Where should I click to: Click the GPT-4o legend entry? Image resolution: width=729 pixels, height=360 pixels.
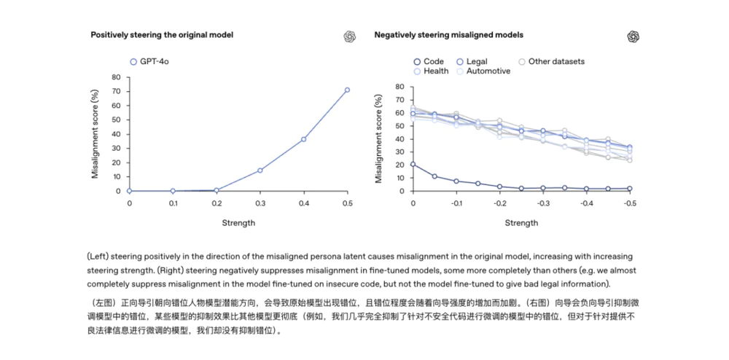click(x=149, y=62)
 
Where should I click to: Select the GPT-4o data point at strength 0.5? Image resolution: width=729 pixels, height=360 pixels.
click(x=347, y=90)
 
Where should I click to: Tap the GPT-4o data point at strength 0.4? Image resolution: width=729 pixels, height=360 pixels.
click(x=303, y=139)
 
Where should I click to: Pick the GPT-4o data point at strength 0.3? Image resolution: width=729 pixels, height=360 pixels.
click(x=260, y=171)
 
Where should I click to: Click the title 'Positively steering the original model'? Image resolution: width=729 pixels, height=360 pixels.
click(x=162, y=35)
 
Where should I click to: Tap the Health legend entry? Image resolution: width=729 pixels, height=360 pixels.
click(x=431, y=71)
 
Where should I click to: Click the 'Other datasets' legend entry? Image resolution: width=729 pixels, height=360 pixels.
click(x=551, y=62)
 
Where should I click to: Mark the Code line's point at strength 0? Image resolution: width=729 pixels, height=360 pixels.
click(x=413, y=164)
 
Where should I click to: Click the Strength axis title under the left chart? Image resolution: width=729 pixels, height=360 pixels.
click(x=238, y=223)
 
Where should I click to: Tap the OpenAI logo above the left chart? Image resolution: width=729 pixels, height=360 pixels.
click(x=349, y=37)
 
